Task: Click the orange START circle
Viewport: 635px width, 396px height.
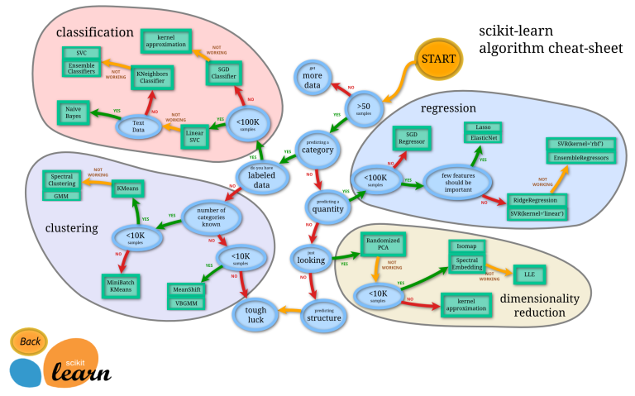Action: point(438,59)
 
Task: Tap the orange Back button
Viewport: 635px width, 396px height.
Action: point(29,341)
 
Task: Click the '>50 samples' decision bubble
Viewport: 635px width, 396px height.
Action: point(363,109)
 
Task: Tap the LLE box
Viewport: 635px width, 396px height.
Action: point(524,274)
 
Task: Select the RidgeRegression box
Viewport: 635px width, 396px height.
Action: point(537,200)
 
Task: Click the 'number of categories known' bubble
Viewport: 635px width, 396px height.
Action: point(212,217)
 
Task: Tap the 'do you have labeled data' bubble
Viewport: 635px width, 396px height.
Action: point(262,174)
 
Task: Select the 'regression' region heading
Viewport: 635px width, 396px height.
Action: point(448,108)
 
